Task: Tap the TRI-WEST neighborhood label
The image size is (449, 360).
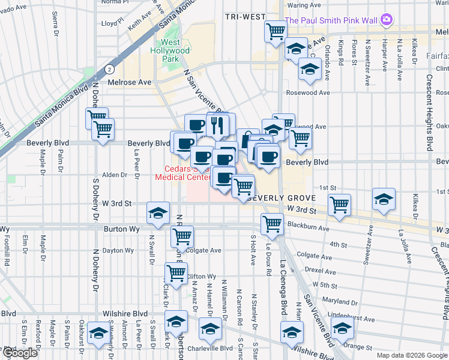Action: pos(245,16)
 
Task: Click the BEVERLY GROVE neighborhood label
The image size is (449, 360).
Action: pos(277,198)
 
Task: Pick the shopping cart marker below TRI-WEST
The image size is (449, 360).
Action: pos(276,31)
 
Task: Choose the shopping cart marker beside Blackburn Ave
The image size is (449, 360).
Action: pos(272,224)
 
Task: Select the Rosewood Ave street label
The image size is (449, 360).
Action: pos(308,93)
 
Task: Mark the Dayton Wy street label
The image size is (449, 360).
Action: pos(117,250)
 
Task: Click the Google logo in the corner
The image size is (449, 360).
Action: pos(20,353)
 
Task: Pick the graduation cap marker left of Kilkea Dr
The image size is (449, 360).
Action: pos(384,199)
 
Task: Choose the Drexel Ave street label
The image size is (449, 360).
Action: pos(320,270)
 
